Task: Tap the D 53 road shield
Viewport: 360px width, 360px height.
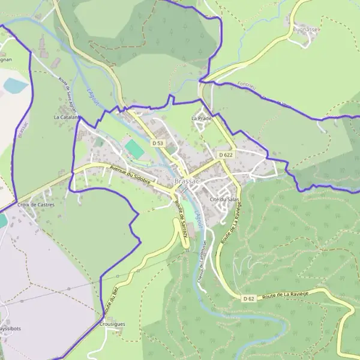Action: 158,143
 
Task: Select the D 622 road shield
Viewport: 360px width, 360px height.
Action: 226,155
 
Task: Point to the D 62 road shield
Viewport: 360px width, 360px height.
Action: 250,298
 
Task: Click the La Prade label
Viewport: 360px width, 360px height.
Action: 202,118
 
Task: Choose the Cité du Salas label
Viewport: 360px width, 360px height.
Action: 225,199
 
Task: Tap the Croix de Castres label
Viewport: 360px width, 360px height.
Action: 36,205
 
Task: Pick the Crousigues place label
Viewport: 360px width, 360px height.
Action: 112,324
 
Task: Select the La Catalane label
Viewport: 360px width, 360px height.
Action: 67,117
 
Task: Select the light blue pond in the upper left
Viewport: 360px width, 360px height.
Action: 16,86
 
